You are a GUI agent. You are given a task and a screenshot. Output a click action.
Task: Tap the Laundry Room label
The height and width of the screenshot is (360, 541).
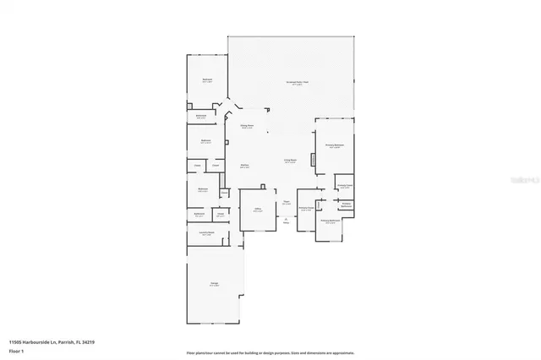click(x=205, y=233)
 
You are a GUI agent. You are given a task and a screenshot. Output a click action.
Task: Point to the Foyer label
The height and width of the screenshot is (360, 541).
click(x=287, y=201)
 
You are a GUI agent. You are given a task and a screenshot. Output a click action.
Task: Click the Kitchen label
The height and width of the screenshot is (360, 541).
click(x=244, y=166)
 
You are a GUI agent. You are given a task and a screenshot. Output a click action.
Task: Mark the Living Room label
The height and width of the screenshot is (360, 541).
click(x=290, y=160)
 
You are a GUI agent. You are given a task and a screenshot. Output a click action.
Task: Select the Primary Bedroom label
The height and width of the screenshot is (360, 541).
click(x=335, y=146)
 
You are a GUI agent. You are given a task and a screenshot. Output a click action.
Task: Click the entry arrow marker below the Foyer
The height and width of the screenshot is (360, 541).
click(x=287, y=220)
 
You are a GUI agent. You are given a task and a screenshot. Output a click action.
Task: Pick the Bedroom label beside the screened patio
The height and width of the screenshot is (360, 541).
click(x=206, y=80)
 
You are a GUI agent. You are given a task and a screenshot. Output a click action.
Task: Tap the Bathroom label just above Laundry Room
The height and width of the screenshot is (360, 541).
click(x=199, y=214)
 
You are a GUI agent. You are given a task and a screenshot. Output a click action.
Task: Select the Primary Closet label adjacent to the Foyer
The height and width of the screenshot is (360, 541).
click(x=306, y=208)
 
